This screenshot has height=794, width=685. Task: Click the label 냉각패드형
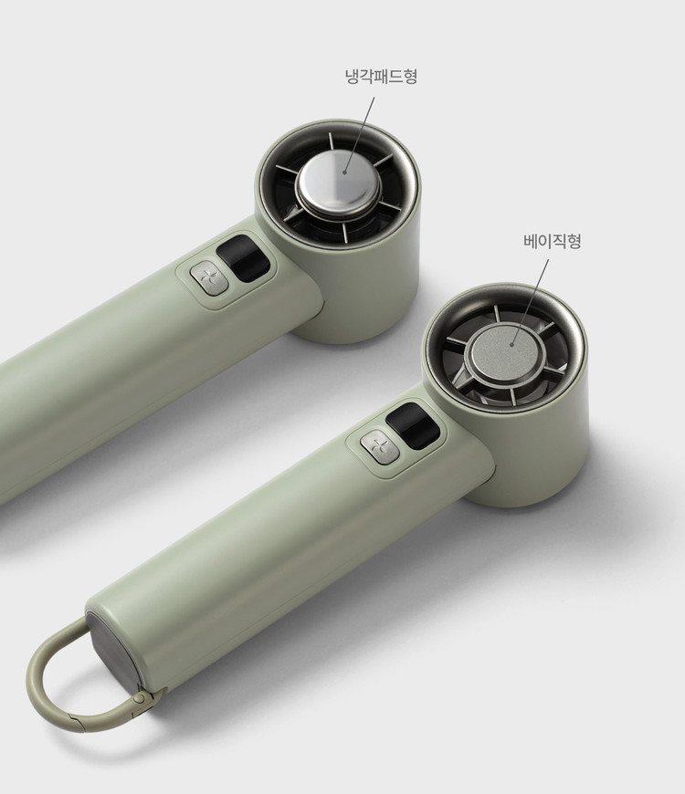[381, 77]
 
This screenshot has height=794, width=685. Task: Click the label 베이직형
[553, 241]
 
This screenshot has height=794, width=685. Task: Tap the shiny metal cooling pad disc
[338, 182]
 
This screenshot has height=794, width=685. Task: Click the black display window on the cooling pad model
[243, 258]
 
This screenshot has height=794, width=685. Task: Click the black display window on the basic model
[413, 426]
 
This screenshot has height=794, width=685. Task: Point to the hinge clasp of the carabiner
[142, 699]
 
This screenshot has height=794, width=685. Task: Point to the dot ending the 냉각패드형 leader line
[344, 172]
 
